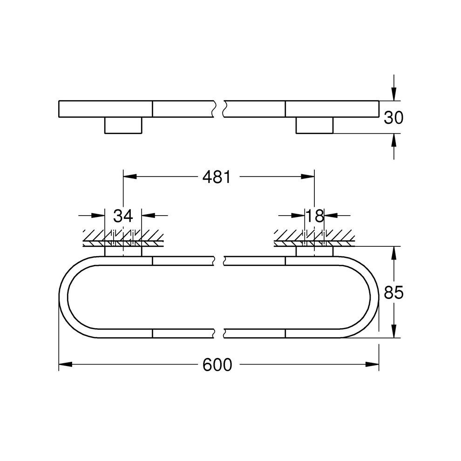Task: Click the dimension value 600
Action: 217,365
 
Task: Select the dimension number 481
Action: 216,177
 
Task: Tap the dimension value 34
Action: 123,216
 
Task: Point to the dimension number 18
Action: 314,216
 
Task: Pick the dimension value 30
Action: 393,118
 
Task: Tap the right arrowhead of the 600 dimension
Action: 372,364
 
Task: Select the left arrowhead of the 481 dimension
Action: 129,177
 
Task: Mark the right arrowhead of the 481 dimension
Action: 308,177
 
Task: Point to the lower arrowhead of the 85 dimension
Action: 394,331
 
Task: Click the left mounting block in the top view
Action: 123,125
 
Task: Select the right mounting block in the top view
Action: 314,125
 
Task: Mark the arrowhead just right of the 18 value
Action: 330,216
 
